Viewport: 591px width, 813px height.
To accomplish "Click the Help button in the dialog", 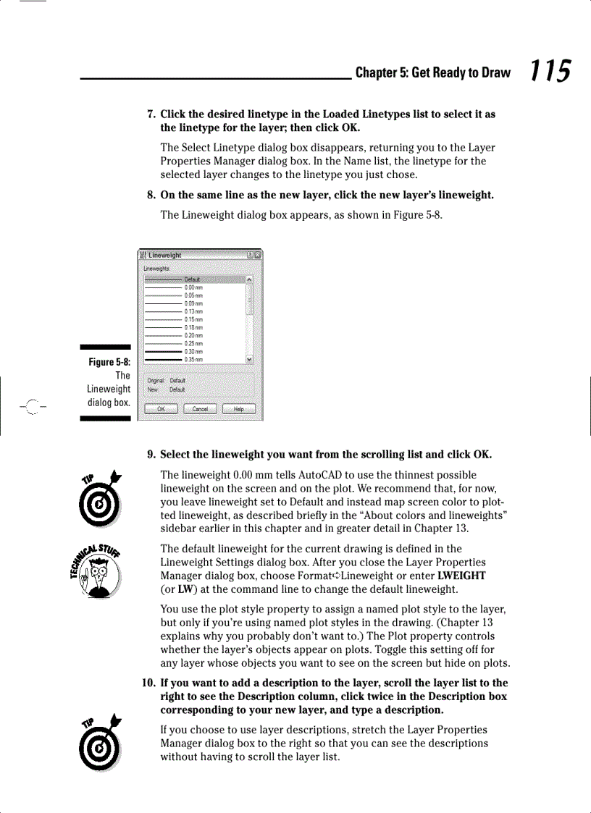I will coord(238,409).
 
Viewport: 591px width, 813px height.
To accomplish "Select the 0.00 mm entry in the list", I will coord(193,287).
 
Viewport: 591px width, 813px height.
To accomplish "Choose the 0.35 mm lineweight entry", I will coord(193,359).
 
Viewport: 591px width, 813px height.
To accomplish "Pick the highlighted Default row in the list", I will coord(193,279).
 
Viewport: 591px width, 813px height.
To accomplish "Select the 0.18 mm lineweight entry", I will coord(193,327).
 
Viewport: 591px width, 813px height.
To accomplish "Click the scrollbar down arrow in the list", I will coord(250,359).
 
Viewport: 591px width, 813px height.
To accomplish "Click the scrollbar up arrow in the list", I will coord(250,279).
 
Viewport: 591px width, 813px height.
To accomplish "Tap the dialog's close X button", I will coord(258,255).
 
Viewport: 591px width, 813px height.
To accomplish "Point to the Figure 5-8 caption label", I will coord(109,362).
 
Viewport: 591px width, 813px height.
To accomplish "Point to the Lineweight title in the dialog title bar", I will coord(165,255).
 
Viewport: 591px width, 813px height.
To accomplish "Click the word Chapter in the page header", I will coord(376,72).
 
